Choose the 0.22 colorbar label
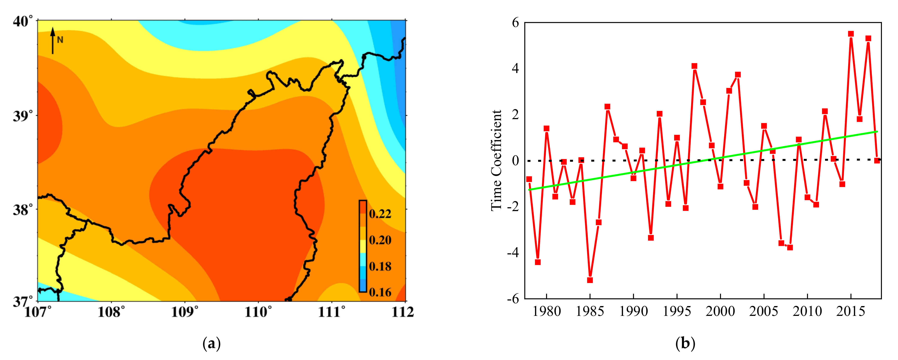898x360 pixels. (x=380, y=214)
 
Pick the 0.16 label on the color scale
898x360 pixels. (x=380, y=292)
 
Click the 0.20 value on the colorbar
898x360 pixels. (x=380, y=240)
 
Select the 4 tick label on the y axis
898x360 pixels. (x=515, y=68)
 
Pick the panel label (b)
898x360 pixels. (x=685, y=344)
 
